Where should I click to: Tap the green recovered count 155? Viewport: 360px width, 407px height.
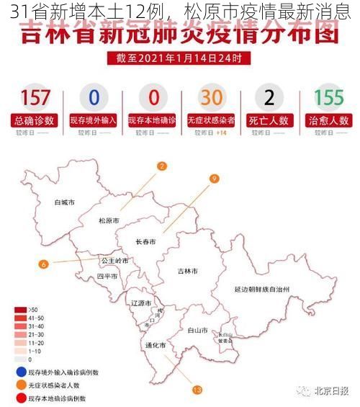pos(329,98)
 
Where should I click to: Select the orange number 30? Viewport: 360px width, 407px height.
pos(211,98)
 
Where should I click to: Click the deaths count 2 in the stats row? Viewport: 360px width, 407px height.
pos(269,98)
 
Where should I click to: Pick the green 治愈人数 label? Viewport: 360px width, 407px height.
pos(329,120)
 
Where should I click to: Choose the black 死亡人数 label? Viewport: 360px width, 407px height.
pos(269,120)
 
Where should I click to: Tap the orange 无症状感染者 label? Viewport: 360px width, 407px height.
pos(211,120)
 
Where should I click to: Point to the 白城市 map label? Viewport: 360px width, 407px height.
pos(65,202)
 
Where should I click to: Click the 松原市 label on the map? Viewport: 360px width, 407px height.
pos(109,220)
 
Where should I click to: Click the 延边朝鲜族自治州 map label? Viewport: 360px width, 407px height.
pos(262,289)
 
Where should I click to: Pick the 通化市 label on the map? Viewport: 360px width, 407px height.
pos(156,345)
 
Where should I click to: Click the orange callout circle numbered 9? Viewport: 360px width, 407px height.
pos(214,179)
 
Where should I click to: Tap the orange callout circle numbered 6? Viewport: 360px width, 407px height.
pos(44,264)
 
